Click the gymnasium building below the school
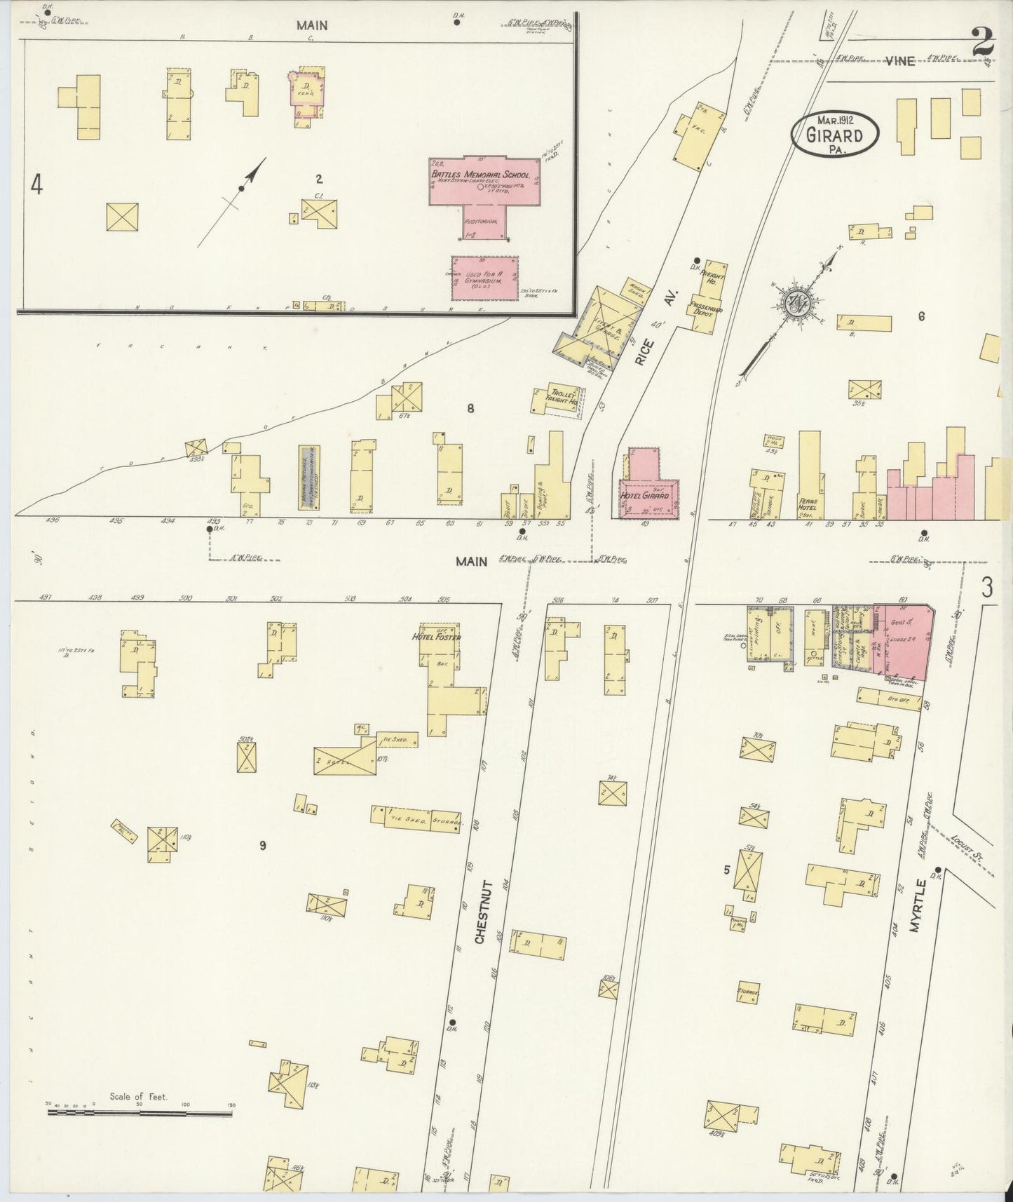[x=484, y=278]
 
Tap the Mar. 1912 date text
[x=834, y=119]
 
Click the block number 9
[x=262, y=845]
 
